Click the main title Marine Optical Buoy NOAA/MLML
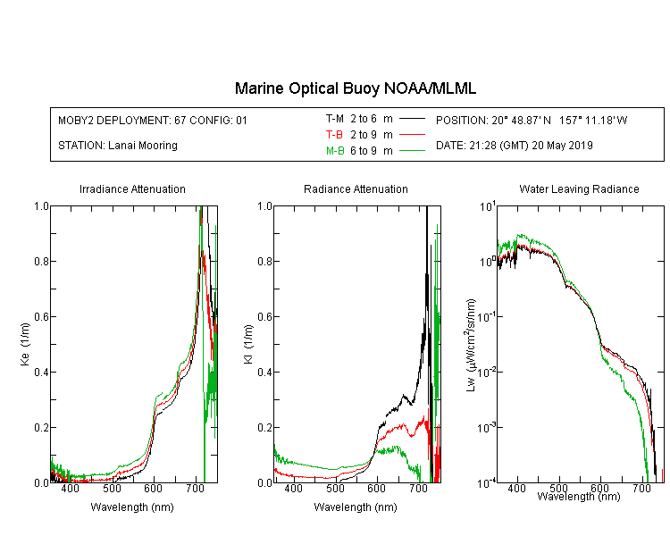pyautogui.click(x=355, y=88)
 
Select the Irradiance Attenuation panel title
pyautogui.click(x=132, y=189)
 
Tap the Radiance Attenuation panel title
pyautogui.click(x=356, y=189)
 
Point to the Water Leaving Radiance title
pyautogui.click(x=579, y=189)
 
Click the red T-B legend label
pyautogui.click(x=334, y=135)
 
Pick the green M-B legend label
pyautogui.click(x=335, y=151)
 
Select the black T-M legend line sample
pyautogui.click(x=412, y=119)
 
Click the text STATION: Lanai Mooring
pyautogui.click(x=118, y=146)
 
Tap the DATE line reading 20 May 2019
pyautogui.click(x=514, y=146)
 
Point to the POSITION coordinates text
pyautogui.click(x=532, y=121)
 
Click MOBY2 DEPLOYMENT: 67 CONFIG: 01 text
pyautogui.click(x=153, y=121)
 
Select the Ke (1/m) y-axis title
pyautogui.click(x=25, y=345)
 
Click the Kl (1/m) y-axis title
pyautogui.click(x=248, y=345)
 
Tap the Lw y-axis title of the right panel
pyautogui.click(x=471, y=345)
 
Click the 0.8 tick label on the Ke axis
pyautogui.click(x=41, y=261)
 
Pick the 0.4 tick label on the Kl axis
pyautogui.click(x=265, y=373)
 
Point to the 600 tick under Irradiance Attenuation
pyautogui.click(x=153, y=489)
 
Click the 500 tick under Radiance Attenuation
pyautogui.click(x=335, y=489)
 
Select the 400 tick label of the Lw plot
pyautogui.click(x=516, y=488)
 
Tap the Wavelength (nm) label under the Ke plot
pyautogui.click(x=132, y=507)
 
